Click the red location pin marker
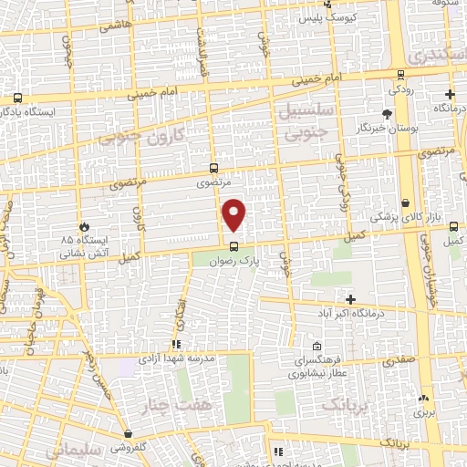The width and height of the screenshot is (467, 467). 234,213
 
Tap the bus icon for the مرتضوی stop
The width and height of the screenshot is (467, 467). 213,168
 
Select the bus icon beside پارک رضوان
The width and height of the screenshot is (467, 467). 234,245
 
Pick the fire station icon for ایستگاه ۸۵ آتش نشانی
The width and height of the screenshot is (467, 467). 84,224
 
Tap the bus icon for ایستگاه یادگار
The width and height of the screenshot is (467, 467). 17,99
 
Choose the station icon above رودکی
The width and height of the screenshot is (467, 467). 401,77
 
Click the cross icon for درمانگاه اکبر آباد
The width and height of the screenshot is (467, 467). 350,299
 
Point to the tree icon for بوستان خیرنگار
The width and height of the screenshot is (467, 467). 387,115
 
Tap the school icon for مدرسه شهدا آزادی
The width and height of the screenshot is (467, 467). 176,345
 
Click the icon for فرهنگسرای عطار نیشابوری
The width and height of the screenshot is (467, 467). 317,347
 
